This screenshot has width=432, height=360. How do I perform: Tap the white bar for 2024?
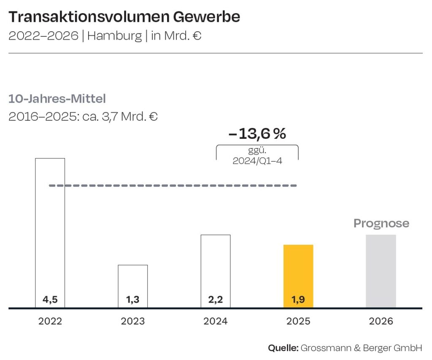(216, 266)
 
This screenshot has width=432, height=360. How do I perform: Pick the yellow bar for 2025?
(298, 270)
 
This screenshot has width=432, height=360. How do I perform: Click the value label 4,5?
(50, 300)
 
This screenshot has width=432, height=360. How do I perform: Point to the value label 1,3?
(132, 300)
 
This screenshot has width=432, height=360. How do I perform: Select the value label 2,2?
(216, 300)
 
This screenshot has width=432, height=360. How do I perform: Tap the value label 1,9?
(298, 300)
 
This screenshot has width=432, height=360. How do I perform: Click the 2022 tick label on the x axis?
(50, 322)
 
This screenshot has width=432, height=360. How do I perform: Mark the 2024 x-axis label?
(216, 322)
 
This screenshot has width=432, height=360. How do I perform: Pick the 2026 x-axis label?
(381, 322)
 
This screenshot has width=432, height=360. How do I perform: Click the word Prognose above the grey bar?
(381, 223)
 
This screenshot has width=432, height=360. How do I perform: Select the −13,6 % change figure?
(257, 134)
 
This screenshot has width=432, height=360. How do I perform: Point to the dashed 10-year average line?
(173, 186)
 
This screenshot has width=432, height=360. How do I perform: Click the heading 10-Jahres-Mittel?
(57, 99)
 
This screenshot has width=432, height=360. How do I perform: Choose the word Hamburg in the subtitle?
(114, 36)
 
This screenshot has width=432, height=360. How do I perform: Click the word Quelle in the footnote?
(283, 348)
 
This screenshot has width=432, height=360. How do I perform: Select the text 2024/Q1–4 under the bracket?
(257, 161)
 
